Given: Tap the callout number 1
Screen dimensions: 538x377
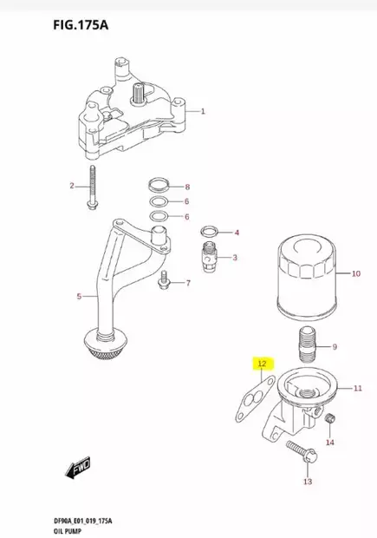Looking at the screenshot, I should pyautogui.click(x=203, y=112).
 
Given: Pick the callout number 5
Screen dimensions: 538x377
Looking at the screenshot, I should pyautogui.click(x=79, y=297).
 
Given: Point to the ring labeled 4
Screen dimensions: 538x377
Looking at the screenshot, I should pyautogui.click(x=209, y=233).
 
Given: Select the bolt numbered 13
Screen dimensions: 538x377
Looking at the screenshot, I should pyautogui.click(x=296, y=453).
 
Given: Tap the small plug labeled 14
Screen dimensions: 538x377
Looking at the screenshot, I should pyautogui.click(x=328, y=422).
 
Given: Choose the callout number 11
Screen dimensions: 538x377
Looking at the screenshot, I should pyautogui.click(x=356, y=388).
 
